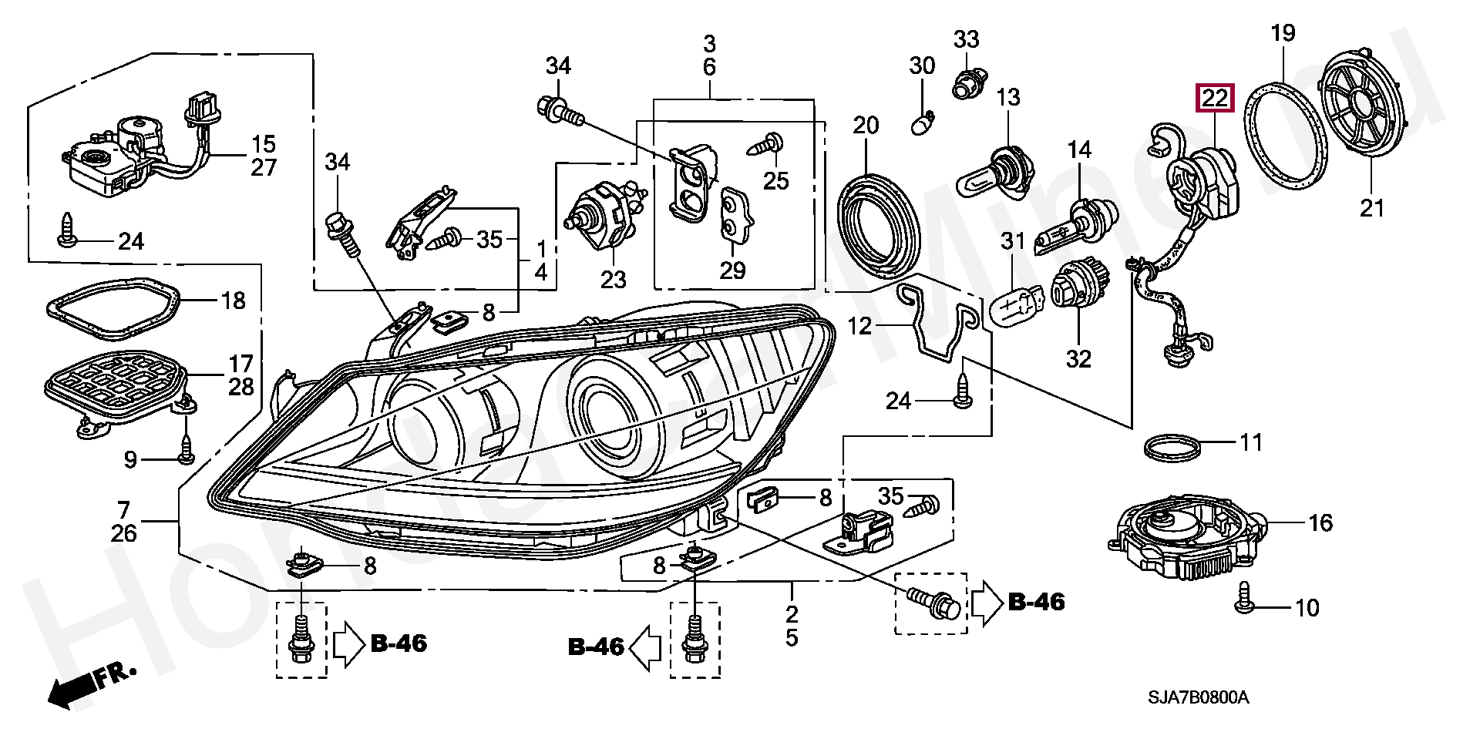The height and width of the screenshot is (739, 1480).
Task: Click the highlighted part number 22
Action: point(1214,98)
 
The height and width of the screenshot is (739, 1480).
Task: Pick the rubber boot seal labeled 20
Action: point(878,223)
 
